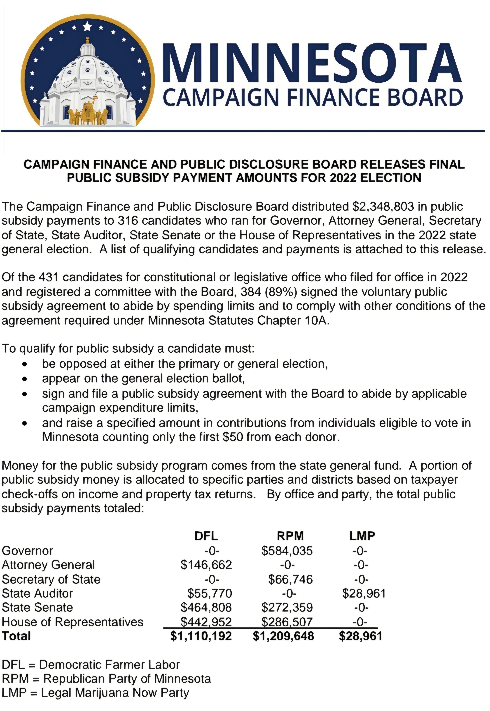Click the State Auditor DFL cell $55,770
coord(210,593)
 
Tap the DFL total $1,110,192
coord(201,636)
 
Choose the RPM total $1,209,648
coord(283,636)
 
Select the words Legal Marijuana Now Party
coord(115,693)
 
